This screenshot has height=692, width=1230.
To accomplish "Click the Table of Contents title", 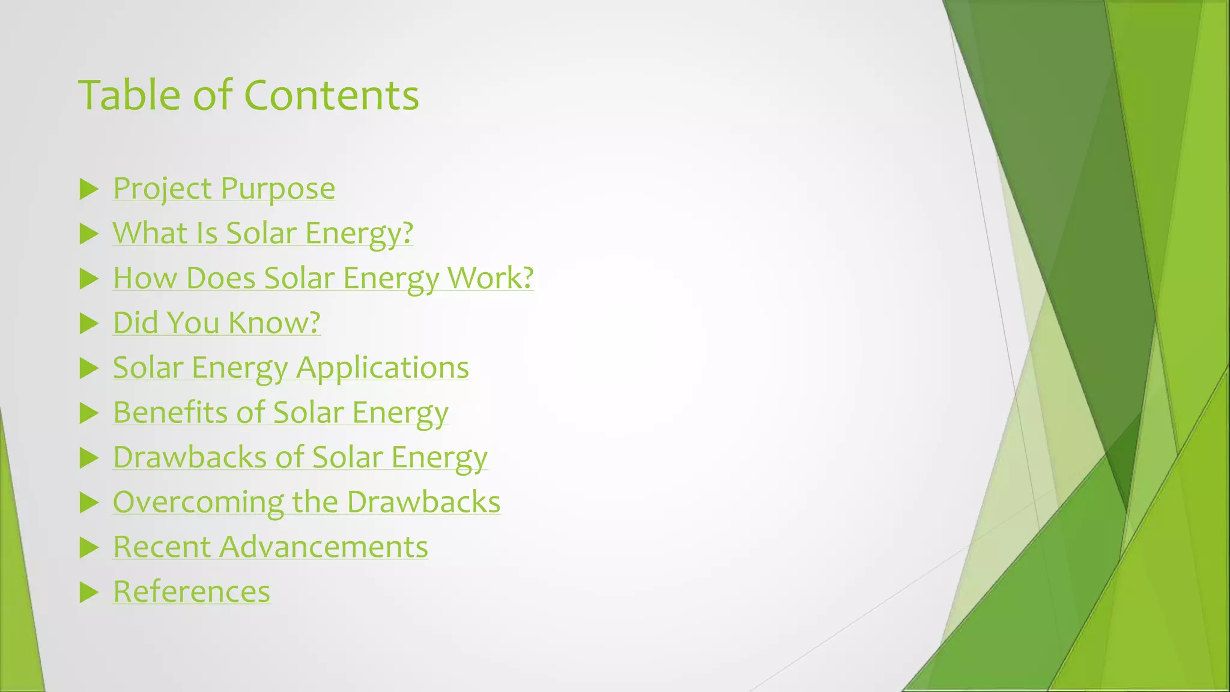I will pos(249,95).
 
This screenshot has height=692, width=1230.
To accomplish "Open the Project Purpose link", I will pos(224,189).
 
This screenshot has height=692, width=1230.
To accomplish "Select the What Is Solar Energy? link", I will pos(263,233).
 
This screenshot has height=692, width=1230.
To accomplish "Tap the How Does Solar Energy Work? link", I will pos(323,278).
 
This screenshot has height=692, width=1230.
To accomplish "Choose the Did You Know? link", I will pos(217,323).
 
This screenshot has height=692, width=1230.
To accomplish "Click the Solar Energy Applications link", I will pos(291,368).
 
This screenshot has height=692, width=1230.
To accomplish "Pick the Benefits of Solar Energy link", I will pos(280,412).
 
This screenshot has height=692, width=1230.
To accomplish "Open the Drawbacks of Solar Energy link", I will pos(300,457).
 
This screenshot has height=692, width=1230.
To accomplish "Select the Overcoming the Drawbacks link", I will pos(306,502).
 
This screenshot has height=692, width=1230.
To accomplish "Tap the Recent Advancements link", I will pos(270,547).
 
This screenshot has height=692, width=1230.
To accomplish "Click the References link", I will pos(192,592).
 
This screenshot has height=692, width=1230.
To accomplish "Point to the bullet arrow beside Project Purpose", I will pos(89,189).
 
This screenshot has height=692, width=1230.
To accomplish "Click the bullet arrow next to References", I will pos(89,592).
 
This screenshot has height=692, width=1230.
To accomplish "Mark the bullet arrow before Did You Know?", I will pos(89,324).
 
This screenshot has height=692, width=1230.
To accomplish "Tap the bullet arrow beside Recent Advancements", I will pos(89,547).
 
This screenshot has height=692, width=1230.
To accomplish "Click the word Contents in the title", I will pos(332,95).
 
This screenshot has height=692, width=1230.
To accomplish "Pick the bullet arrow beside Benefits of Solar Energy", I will pos(89,413).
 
